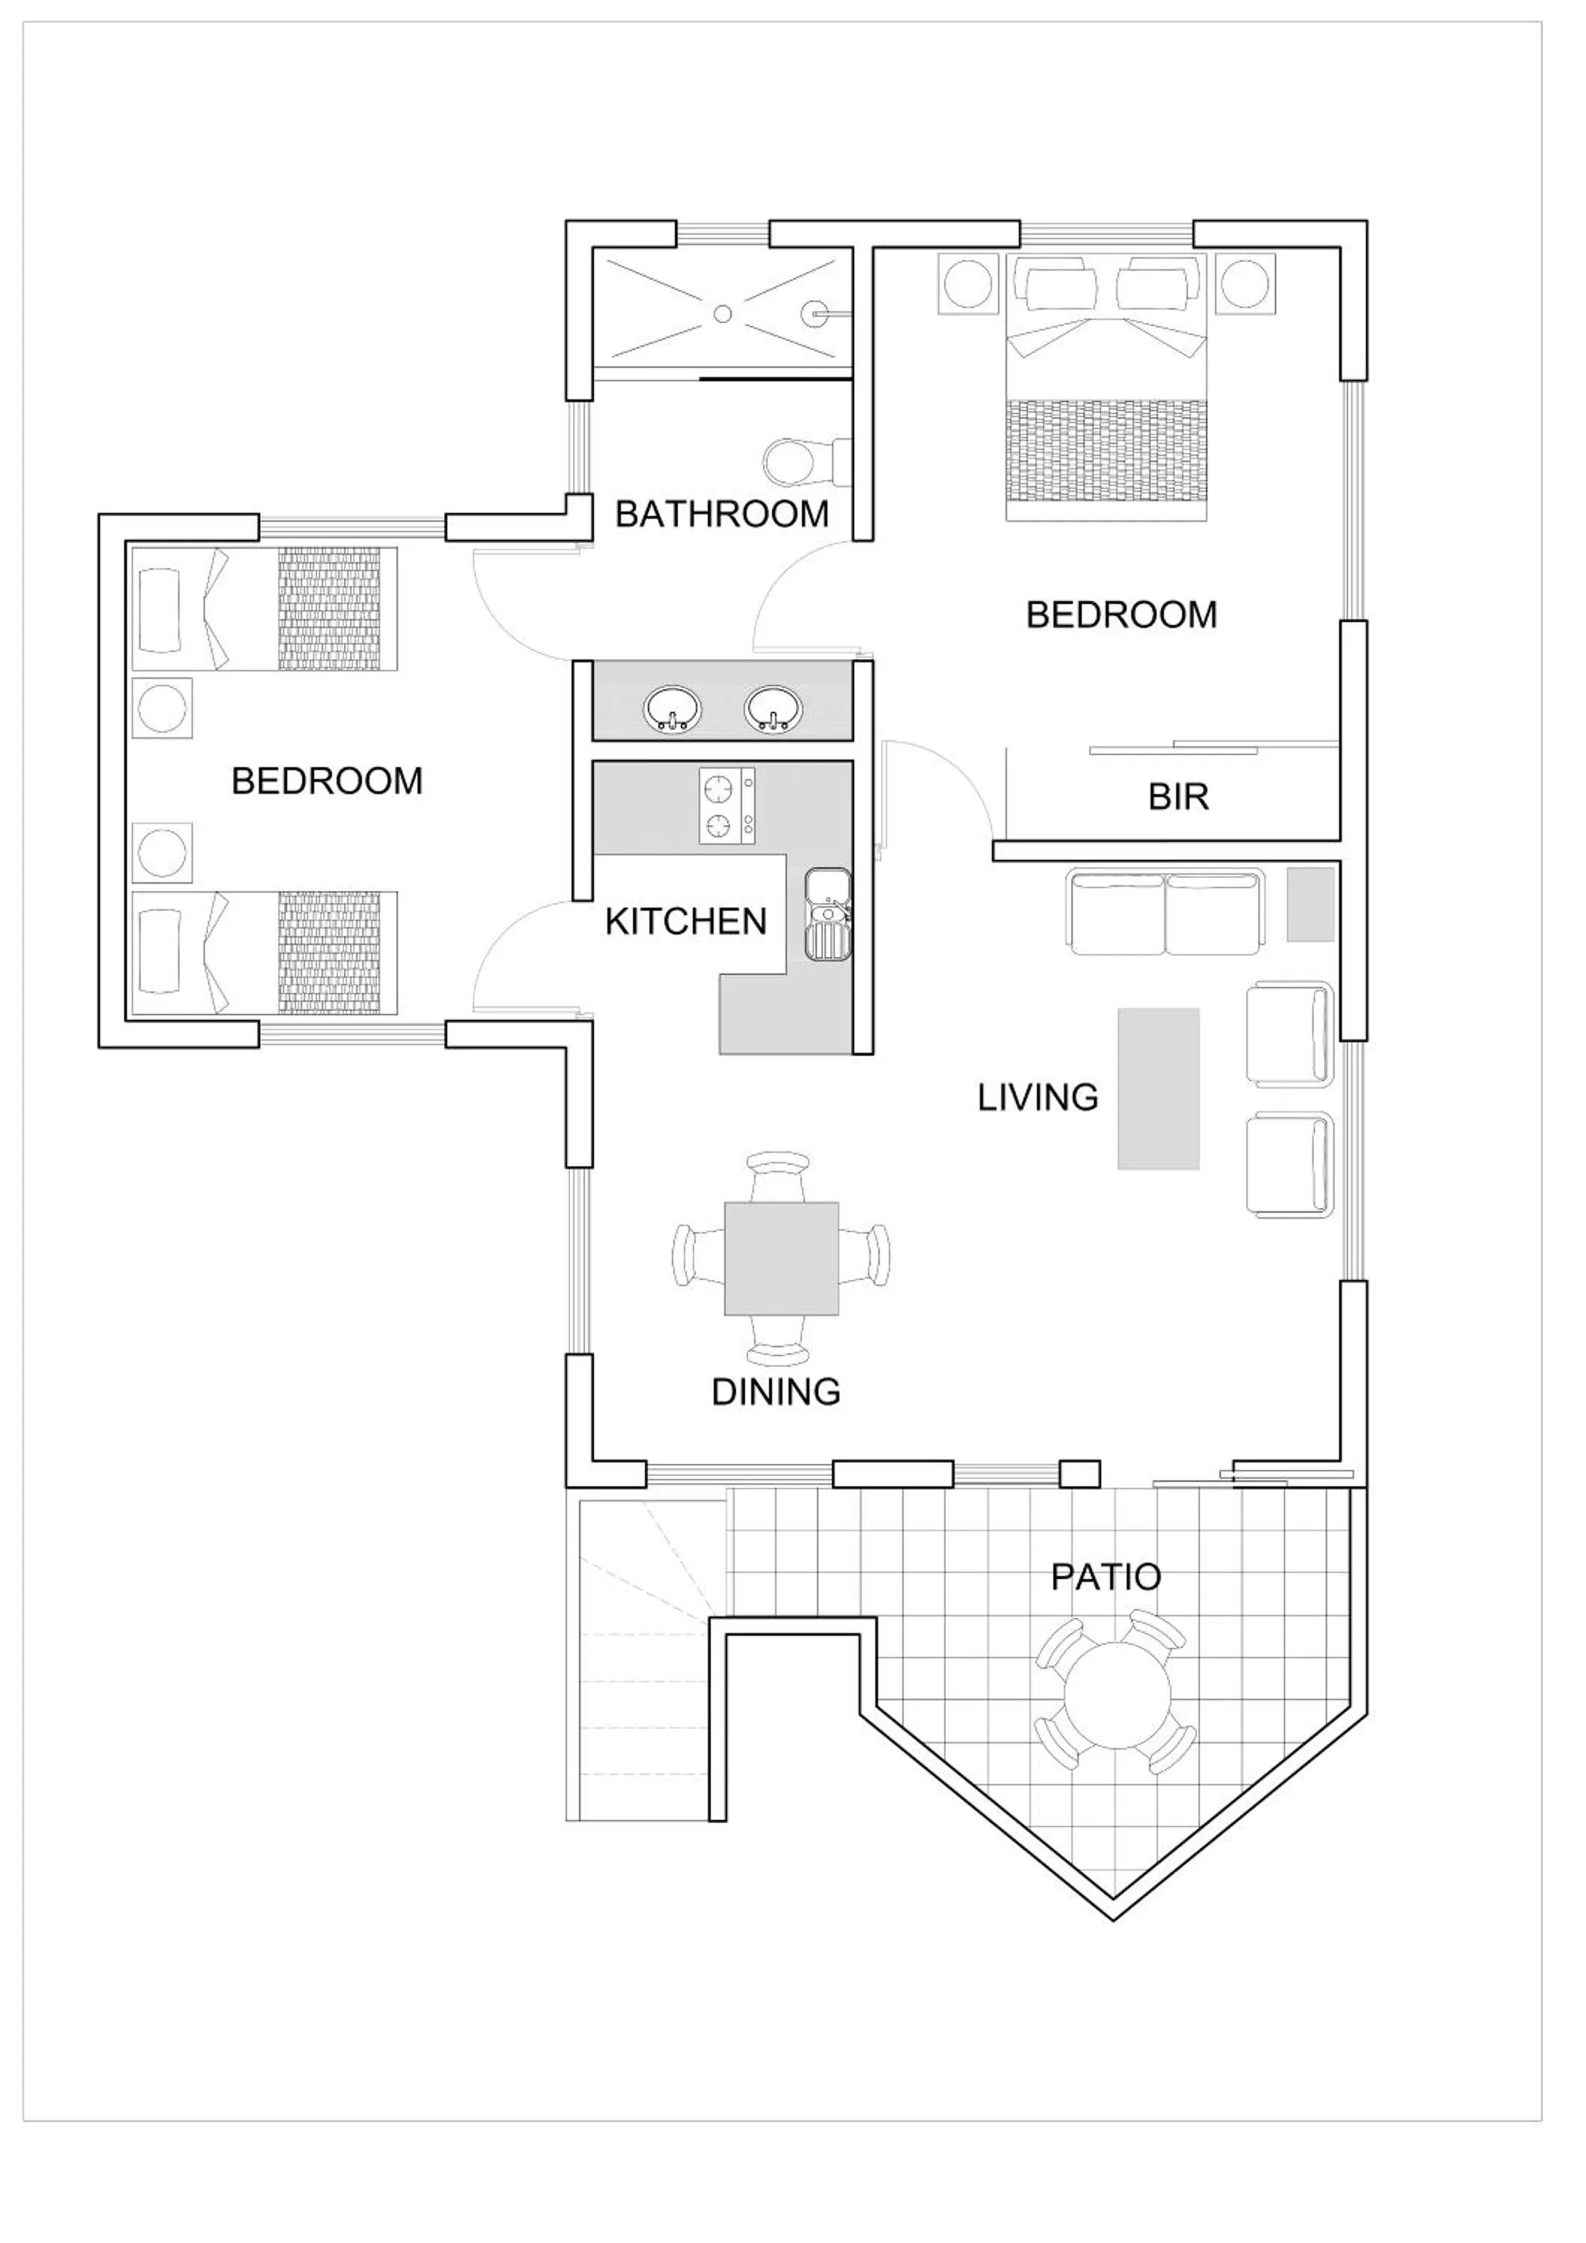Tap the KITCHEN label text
click(686, 922)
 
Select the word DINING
click(776, 1392)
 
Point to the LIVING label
click(1038, 1098)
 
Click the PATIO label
click(1105, 1577)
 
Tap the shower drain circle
click(722, 313)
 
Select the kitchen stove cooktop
click(727, 806)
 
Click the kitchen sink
click(827, 914)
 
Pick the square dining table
click(781, 1258)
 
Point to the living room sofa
click(1166, 912)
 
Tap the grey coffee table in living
click(1158, 1089)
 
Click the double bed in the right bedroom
click(1106, 391)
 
